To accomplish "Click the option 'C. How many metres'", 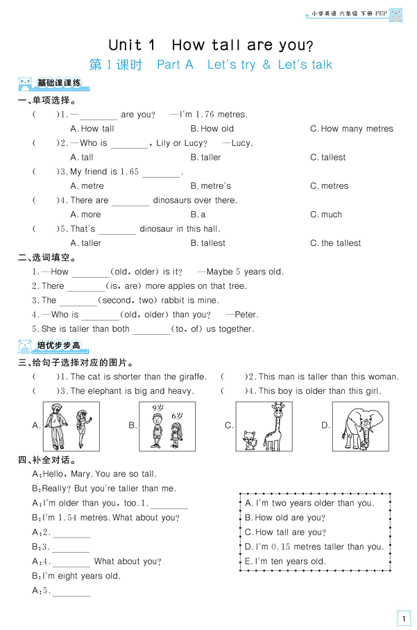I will click(351, 129).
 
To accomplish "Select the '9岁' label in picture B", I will click(158, 408).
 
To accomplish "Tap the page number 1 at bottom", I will click(403, 617).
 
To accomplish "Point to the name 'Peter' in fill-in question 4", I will click(246, 315).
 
